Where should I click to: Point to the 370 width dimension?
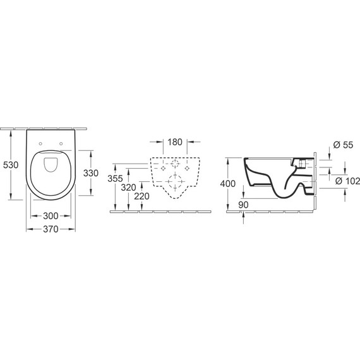(x=51, y=229)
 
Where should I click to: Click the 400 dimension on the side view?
(x=229, y=183)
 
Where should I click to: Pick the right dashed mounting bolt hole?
(x=188, y=170)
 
